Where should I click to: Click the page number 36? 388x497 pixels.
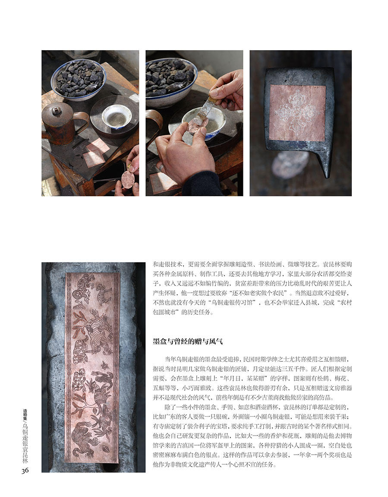click(25, 470)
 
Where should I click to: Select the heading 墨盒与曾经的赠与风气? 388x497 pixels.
click(188, 341)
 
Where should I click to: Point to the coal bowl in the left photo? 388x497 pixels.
click(79, 79)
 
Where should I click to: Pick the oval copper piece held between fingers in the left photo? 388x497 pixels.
click(127, 179)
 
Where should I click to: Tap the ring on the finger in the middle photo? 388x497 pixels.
click(161, 167)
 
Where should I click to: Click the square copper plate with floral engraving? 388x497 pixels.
click(297, 113)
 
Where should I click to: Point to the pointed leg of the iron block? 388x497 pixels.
click(327, 163)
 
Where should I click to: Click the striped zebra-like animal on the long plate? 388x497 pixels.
click(104, 294)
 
